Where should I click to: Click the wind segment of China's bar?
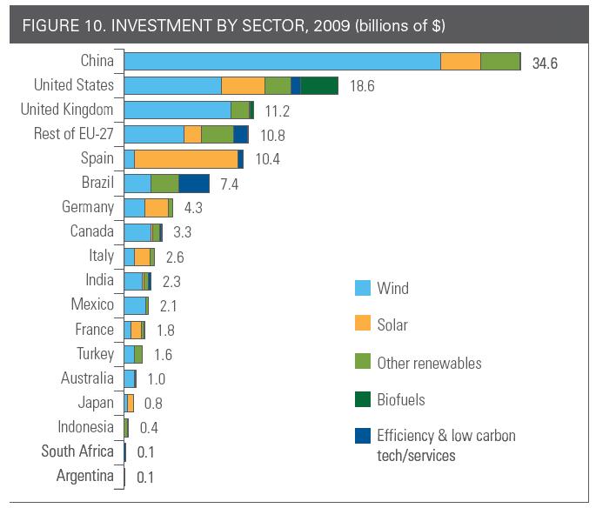282,61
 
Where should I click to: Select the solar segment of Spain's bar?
186,158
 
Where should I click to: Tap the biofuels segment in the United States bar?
319,85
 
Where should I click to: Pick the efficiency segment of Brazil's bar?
194,183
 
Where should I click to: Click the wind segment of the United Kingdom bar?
177,110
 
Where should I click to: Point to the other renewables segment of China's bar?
499,61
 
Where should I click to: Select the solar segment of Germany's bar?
156,207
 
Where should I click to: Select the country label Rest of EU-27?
67,134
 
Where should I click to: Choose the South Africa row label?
77,451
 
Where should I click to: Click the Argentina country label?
84,476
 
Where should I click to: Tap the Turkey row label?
94,354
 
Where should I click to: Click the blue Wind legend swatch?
364,288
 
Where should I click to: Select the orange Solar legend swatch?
364,324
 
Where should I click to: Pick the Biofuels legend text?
400,400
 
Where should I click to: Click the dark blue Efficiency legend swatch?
364,436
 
